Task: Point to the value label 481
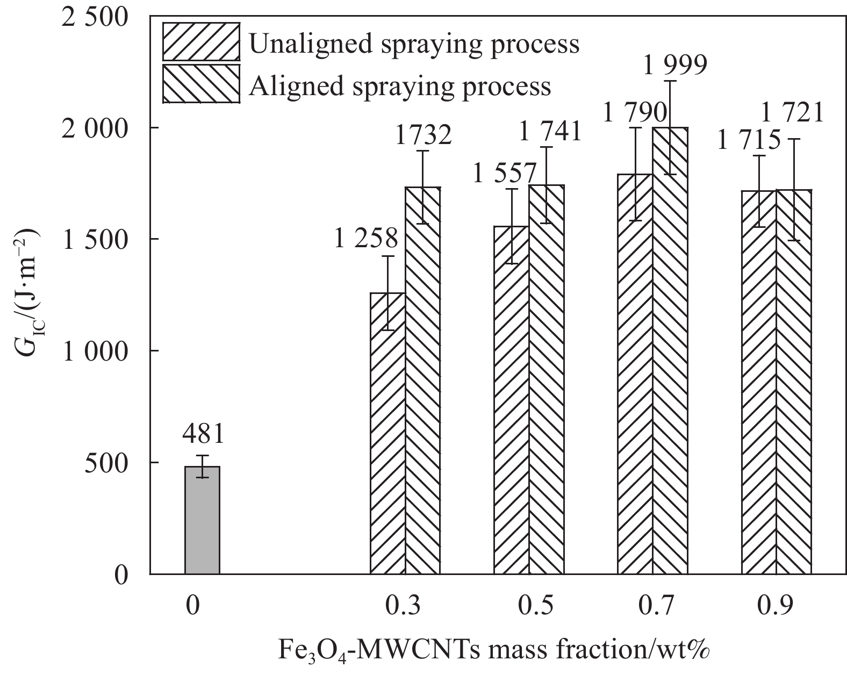point(203,435)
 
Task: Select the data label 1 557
point(505,174)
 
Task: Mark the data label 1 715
point(749,141)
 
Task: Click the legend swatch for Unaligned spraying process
point(201,41)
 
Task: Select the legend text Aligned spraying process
point(400,86)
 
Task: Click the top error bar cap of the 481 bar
point(202,456)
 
